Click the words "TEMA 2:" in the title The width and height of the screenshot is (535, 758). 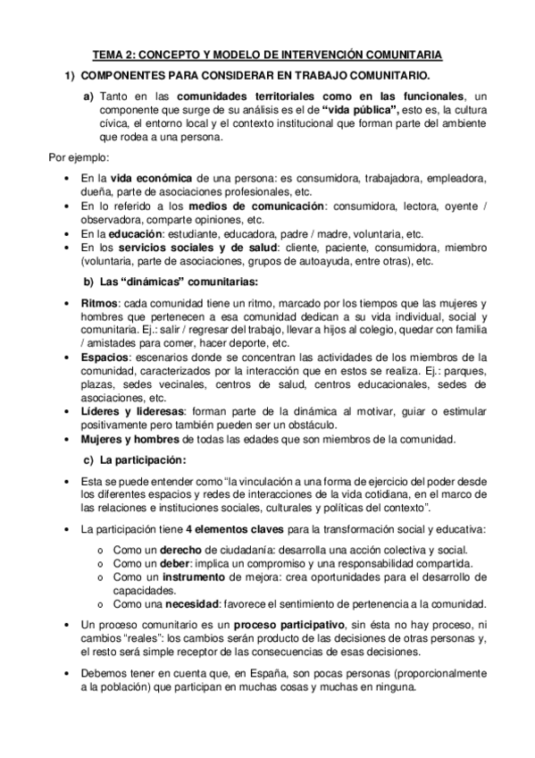(113, 55)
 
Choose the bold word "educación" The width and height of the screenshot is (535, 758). (135, 234)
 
